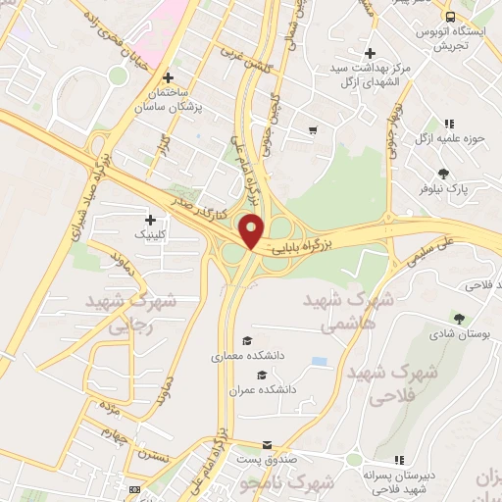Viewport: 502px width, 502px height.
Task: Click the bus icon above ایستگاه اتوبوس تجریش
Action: click(450, 18)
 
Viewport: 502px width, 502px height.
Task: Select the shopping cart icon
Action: click(313, 129)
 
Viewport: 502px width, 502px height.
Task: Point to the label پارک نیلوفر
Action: click(450, 186)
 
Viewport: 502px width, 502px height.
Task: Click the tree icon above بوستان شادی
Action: click(459, 318)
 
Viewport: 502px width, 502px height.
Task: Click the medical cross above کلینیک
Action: click(150, 220)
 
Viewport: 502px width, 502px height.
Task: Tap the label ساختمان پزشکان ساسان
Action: click(168, 101)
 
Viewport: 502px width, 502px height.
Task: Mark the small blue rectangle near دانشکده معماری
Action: click(320, 361)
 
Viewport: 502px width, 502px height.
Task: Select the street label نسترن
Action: click(152, 457)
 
